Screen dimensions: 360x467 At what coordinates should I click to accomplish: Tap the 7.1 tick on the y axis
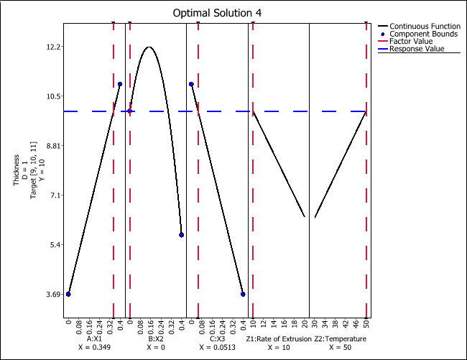(x=52, y=195)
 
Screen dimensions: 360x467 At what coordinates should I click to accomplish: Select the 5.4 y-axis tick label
(x=52, y=245)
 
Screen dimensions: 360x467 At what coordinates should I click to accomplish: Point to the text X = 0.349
(x=94, y=347)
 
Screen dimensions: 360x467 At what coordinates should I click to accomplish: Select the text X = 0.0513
(x=217, y=347)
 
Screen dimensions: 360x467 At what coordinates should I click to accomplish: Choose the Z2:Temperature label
(x=341, y=338)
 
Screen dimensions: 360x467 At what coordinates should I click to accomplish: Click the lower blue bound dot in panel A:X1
(x=68, y=294)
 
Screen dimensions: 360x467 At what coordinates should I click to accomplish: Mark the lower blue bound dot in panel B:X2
(x=182, y=235)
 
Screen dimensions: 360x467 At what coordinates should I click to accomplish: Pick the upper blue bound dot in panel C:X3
(x=191, y=84)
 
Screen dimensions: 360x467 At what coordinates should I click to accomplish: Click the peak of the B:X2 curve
(x=149, y=47)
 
